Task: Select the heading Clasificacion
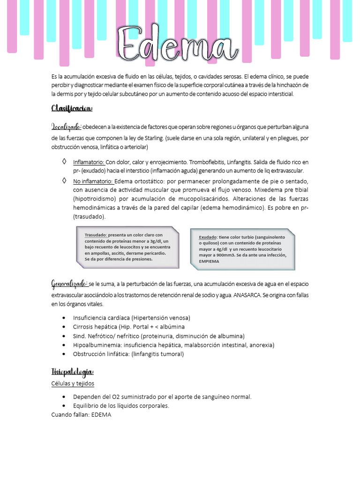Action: coord(72,109)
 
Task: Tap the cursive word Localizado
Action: coord(66,127)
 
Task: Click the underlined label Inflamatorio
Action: coord(89,162)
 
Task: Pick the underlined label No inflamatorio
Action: coord(93,181)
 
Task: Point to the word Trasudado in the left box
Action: coord(96,235)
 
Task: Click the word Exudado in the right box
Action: coord(208,237)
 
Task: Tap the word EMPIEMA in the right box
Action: coord(209,262)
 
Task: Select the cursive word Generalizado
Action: coord(69,284)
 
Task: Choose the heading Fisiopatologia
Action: coord(73,372)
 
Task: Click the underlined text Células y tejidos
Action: coord(73,383)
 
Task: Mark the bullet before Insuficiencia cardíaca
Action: coord(64,318)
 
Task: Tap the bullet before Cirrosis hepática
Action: coord(64,327)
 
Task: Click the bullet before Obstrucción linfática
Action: coord(64,354)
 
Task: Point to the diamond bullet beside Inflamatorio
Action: coord(64,162)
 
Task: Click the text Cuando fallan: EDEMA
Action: coord(81,415)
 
